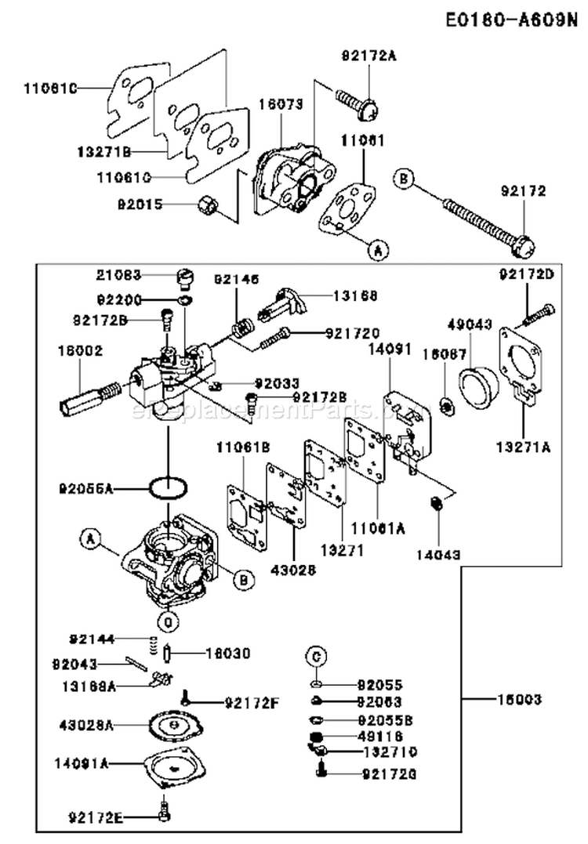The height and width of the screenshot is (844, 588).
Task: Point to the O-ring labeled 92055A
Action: point(168,487)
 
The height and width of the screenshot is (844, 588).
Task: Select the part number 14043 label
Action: point(439,553)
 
